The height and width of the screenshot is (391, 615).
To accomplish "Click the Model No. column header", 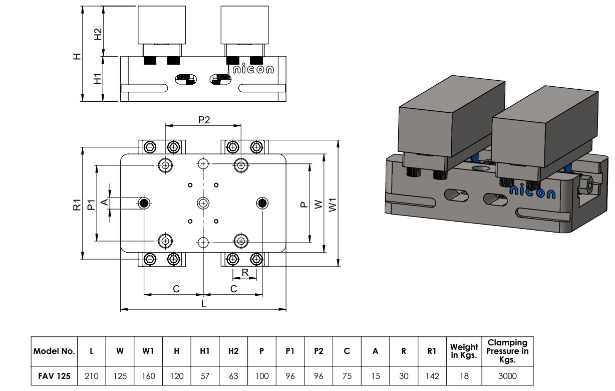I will click(54, 351).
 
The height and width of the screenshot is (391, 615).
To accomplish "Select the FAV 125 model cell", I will click(54, 376).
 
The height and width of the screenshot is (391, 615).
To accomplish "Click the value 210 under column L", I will click(91, 376).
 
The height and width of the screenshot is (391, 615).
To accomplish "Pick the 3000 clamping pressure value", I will click(507, 376).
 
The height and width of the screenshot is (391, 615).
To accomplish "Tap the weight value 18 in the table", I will click(464, 376).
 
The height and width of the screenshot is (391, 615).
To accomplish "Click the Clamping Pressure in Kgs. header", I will click(507, 351).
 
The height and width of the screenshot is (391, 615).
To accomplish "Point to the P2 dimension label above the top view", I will click(203, 120).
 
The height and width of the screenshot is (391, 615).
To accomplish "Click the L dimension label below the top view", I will click(204, 304).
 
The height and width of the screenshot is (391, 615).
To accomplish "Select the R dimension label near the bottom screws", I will click(245, 272).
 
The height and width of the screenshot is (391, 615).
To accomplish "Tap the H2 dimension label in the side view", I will click(98, 34).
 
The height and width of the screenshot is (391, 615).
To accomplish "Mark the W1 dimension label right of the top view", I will click(333, 204).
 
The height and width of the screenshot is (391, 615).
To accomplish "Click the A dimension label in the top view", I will click(104, 202).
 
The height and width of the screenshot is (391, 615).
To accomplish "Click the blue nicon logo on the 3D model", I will click(532, 192).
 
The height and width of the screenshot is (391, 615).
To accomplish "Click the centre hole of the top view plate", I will click(203, 203).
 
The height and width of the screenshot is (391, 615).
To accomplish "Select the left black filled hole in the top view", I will click(144, 203).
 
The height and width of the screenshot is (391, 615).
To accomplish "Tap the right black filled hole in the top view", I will click(262, 203).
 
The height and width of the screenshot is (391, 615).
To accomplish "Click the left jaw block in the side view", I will click(162, 25).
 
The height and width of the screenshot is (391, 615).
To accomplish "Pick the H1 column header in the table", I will click(205, 351).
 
